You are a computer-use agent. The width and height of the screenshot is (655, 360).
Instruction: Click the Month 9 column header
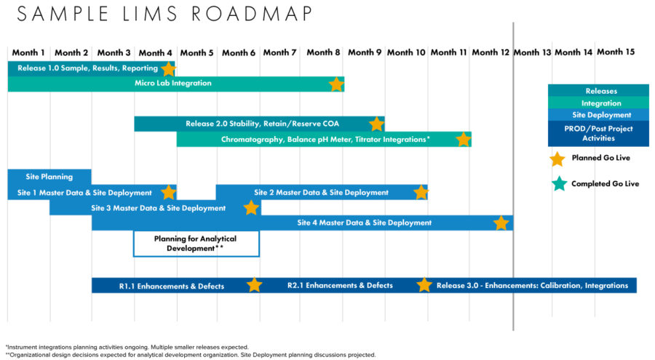point(364,52)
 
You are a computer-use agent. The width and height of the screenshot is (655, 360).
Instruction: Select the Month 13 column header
point(532,52)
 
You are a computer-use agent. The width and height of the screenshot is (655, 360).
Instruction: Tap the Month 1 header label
point(28,52)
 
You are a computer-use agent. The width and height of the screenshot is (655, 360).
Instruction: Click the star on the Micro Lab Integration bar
point(336,84)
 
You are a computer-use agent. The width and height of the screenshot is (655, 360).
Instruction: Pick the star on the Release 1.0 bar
point(168,69)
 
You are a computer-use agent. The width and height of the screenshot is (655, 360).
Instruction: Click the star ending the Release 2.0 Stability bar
point(376,124)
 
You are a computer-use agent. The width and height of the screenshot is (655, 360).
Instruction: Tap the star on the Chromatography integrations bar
point(464,139)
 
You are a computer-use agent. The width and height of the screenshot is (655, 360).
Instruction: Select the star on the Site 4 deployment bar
point(501,223)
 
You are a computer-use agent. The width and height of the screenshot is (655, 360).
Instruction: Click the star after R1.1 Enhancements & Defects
point(254,285)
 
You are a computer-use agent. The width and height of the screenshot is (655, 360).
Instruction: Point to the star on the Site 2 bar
point(421,193)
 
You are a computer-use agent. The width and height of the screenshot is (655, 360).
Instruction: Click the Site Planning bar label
point(49,177)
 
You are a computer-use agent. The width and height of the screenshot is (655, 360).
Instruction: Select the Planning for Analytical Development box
point(196,244)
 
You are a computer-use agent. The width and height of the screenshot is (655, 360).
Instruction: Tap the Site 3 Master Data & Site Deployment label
point(158,208)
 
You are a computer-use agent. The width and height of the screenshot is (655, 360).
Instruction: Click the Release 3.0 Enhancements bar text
point(532,286)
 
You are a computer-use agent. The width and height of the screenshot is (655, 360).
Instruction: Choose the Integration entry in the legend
point(600,103)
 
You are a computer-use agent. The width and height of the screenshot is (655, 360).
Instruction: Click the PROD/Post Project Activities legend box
point(598,133)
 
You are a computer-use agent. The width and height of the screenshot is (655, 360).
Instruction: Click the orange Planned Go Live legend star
point(557,158)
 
